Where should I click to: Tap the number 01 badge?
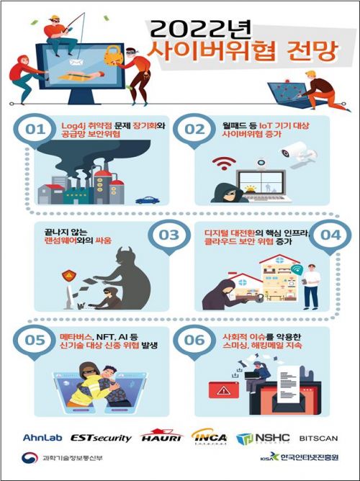coord(32,129)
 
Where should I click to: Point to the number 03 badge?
coord(168,235)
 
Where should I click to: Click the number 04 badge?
coord(327,235)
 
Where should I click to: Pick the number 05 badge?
coord(32,340)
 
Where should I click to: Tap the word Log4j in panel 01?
coord(76,125)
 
